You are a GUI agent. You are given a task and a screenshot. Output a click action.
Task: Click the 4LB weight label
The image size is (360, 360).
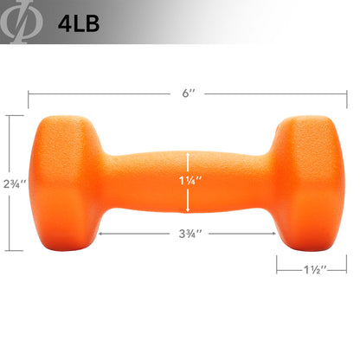pos(77,22)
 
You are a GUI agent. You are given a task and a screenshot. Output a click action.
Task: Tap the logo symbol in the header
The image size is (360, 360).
pos(21,22)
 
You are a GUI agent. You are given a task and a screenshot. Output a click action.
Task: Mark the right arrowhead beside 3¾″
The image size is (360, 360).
pos(272,234)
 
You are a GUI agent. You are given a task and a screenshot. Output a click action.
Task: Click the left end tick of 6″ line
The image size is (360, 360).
pos(29,93)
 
